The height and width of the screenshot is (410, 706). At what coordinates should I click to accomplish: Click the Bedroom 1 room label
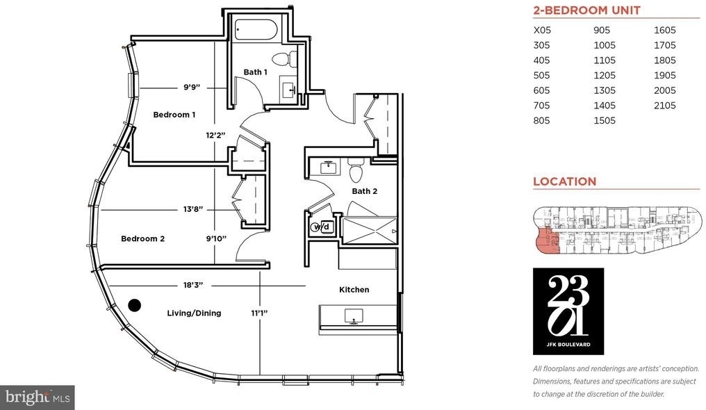[x=174, y=115]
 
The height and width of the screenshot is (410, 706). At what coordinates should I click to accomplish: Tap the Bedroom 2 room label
[x=142, y=238]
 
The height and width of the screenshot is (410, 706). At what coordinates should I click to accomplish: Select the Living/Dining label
[x=194, y=313]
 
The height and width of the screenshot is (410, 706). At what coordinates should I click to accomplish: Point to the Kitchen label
[x=354, y=289]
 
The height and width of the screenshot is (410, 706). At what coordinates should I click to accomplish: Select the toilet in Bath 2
[x=356, y=169]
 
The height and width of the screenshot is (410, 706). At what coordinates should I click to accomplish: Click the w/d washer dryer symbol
[x=321, y=227]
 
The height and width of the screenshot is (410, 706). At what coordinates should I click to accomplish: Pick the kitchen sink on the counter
[x=354, y=315]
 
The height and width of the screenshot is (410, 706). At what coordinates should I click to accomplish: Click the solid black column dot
[x=134, y=306]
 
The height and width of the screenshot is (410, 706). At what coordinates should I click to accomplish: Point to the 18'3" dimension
[x=193, y=285]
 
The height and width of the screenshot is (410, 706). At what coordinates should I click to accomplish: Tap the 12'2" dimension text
[x=215, y=135]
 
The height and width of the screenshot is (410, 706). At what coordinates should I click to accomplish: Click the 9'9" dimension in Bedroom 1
[x=191, y=87]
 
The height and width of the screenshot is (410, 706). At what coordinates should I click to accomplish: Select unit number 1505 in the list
[x=605, y=121]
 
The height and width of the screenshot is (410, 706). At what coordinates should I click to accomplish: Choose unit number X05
[x=542, y=30]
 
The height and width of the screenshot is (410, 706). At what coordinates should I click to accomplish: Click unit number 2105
[x=664, y=106]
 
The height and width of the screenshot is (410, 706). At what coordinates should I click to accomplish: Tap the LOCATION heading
[x=565, y=181]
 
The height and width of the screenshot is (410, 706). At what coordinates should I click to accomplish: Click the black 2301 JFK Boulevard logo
[x=568, y=311]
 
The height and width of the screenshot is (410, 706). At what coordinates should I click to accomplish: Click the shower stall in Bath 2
[x=369, y=231]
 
